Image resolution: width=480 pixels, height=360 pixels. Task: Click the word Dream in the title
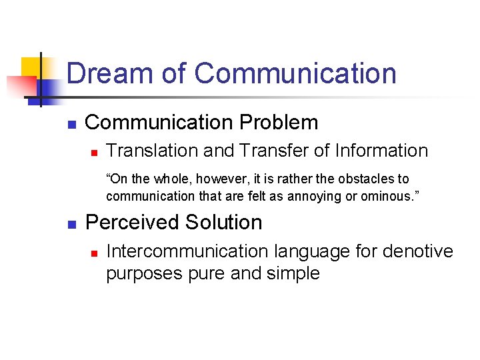109,73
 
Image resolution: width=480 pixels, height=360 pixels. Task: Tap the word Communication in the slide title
295,73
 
